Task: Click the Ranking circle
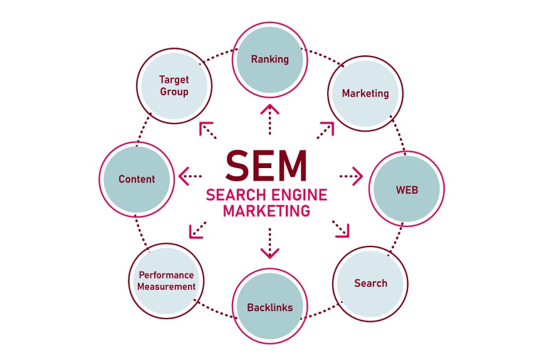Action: tap(270, 60)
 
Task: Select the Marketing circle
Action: tap(365, 93)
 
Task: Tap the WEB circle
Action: tap(407, 189)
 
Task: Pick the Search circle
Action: tap(370, 283)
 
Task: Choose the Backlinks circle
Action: tap(270, 306)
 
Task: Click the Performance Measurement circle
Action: tap(166, 281)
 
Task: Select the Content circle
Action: tap(137, 179)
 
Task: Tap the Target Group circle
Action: tap(174, 86)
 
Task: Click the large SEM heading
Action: tap(266, 166)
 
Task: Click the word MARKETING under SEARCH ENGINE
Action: tap(267, 211)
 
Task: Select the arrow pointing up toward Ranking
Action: tap(270, 119)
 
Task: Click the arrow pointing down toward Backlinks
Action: tap(270, 243)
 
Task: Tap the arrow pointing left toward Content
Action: tap(190, 176)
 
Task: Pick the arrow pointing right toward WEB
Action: tap(351, 176)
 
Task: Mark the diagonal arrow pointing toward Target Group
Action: tap(208, 130)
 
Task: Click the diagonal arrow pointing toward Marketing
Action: tap(325, 130)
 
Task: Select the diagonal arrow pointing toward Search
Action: tap(341, 229)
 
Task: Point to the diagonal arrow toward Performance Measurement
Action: tap(198, 230)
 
